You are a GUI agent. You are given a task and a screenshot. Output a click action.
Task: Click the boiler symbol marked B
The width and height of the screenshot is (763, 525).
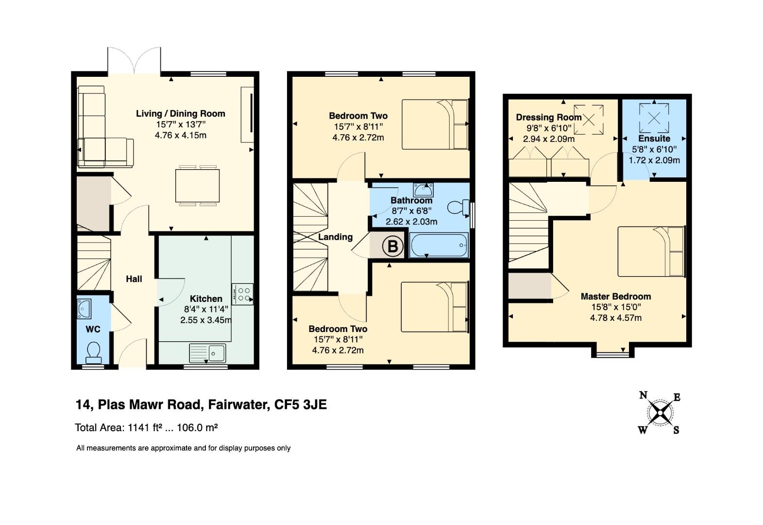(393, 246)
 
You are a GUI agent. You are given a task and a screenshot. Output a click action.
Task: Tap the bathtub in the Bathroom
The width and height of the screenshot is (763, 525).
(439, 245)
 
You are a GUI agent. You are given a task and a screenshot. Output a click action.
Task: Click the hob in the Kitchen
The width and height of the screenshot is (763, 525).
(242, 294)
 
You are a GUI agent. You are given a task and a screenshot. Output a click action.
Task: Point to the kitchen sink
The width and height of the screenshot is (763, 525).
(207, 353)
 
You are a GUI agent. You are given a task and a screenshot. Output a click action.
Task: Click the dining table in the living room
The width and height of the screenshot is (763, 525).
(198, 186)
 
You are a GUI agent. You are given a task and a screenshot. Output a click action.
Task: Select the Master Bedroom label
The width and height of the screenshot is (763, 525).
(616, 296)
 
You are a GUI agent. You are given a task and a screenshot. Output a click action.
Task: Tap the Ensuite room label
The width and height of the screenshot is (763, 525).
(654, 139)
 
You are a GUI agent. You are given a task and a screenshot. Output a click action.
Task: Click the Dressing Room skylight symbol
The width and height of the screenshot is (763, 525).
(589, 120)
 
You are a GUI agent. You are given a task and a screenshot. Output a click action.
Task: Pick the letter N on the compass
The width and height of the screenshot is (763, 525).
(643, 395)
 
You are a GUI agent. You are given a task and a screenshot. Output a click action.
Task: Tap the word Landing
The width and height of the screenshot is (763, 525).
(336, 237)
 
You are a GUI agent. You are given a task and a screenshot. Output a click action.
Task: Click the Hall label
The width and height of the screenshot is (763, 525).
(134, 279)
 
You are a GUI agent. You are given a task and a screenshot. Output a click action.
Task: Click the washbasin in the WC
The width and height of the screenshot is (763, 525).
(84, 309)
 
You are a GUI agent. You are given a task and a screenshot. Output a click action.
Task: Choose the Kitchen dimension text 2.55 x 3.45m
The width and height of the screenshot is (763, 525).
(206, 320)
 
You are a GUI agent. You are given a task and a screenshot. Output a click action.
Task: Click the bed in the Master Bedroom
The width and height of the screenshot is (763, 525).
(651, 252)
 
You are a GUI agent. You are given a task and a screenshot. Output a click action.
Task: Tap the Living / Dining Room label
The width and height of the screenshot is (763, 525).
(181, 114)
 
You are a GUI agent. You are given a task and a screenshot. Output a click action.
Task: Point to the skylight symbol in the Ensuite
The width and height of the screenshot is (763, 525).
(654, 118)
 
